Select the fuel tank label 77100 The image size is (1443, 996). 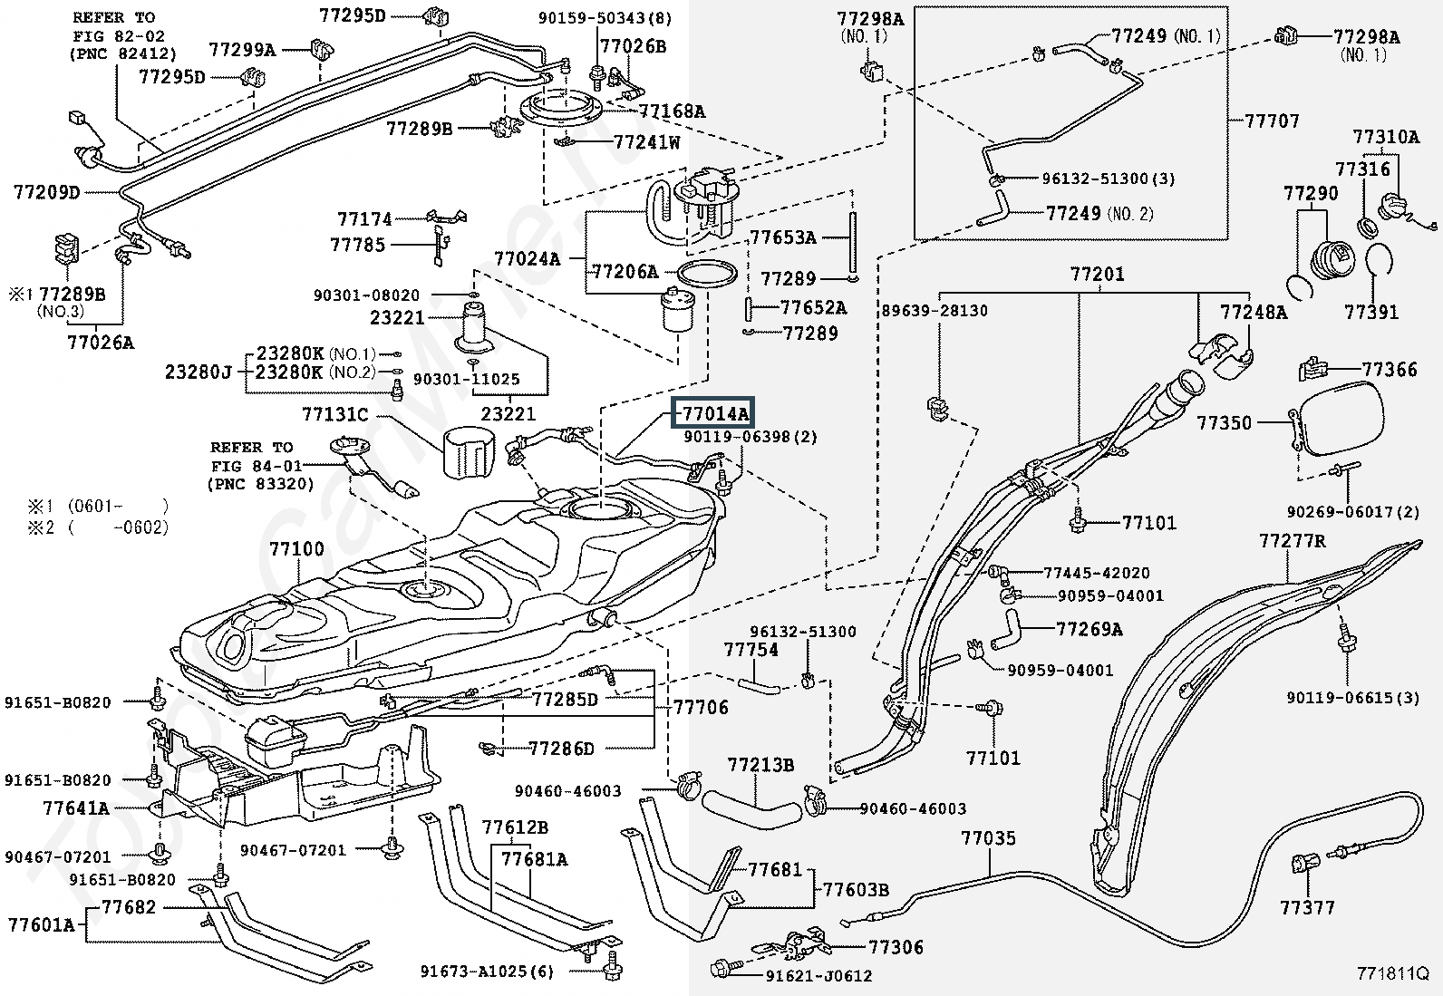pyautogui.click(x=296, y=550)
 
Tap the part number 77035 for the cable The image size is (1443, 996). pyautogui.click(x=988, y=839)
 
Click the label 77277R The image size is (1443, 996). pyautogui.click(x=1293, y=542)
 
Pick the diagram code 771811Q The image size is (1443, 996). pyautogui.click(x=1392, y=975)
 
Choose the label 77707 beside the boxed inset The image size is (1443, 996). pyautogui.click(x=1272, y=121)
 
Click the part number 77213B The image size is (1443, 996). pyautogui.click(x=760, y=767)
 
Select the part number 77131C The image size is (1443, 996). pyautogui.click(x=334, y=415)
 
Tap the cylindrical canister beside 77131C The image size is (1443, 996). pyautogui.click(x=470, y=452)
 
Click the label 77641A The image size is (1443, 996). pyautogui.click(x=75, y=808)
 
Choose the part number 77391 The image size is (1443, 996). pyautogui.click(x=1371, y=313)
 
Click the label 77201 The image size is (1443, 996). pyautogui.click(x=1097, y=274)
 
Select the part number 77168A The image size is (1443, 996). pyautogui.click(x=672, y=111)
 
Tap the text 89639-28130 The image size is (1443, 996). pyautogui.click(x=935, y=311)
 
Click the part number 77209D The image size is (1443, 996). pyautogui.click(x=47, y=192)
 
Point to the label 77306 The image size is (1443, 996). pyautogui.click(x=896, y=948)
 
